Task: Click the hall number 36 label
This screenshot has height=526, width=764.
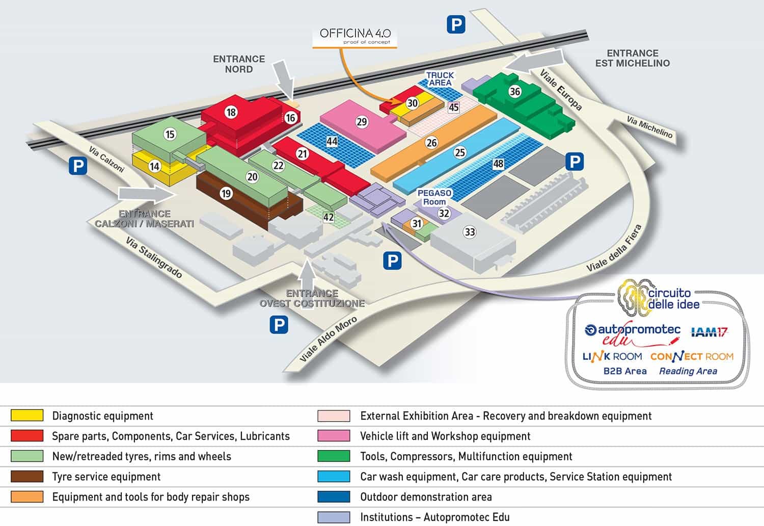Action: (x=514, y=91)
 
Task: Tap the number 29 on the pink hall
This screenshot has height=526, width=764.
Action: (x=362, y=122)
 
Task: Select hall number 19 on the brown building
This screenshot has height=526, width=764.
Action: (x=226, y=194)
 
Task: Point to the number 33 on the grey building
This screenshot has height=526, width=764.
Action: (x=470, y=232)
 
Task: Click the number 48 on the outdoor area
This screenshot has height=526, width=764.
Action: (x=498, y=164)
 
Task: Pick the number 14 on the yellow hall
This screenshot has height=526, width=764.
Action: (x=154, y=166)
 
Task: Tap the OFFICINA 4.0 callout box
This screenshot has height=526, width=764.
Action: (x=354, y=37)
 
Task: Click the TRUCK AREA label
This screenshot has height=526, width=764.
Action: (x=440, y=79)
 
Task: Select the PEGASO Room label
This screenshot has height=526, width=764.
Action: (x=434, y=197)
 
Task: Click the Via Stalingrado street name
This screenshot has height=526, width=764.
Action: (x=154, y=257)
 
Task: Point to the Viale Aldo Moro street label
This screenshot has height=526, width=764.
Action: (x=328, y=339)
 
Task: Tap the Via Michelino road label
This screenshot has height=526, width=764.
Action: (x=650, y=126)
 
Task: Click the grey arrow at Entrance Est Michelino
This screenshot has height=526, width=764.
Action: (x=534, y=62)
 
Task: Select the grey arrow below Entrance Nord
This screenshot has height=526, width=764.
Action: (x=284, y=80)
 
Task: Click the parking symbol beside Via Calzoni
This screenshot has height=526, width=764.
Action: (x=78, y=166)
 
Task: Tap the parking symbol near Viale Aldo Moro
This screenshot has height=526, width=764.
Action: (x=279, y=324)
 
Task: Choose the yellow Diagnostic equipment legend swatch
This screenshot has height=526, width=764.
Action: (x=27, y=415)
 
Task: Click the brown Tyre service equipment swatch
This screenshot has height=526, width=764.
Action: (x=27, y=476)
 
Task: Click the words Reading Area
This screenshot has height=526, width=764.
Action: (x=688, y=371)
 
